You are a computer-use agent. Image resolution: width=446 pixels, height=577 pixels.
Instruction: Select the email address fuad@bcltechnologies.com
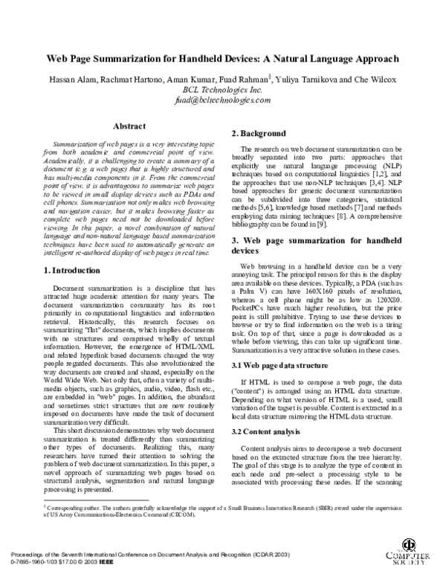(x=222, y=97)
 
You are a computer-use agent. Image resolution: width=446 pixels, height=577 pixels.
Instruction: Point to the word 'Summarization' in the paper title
(x=126, y=57)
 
